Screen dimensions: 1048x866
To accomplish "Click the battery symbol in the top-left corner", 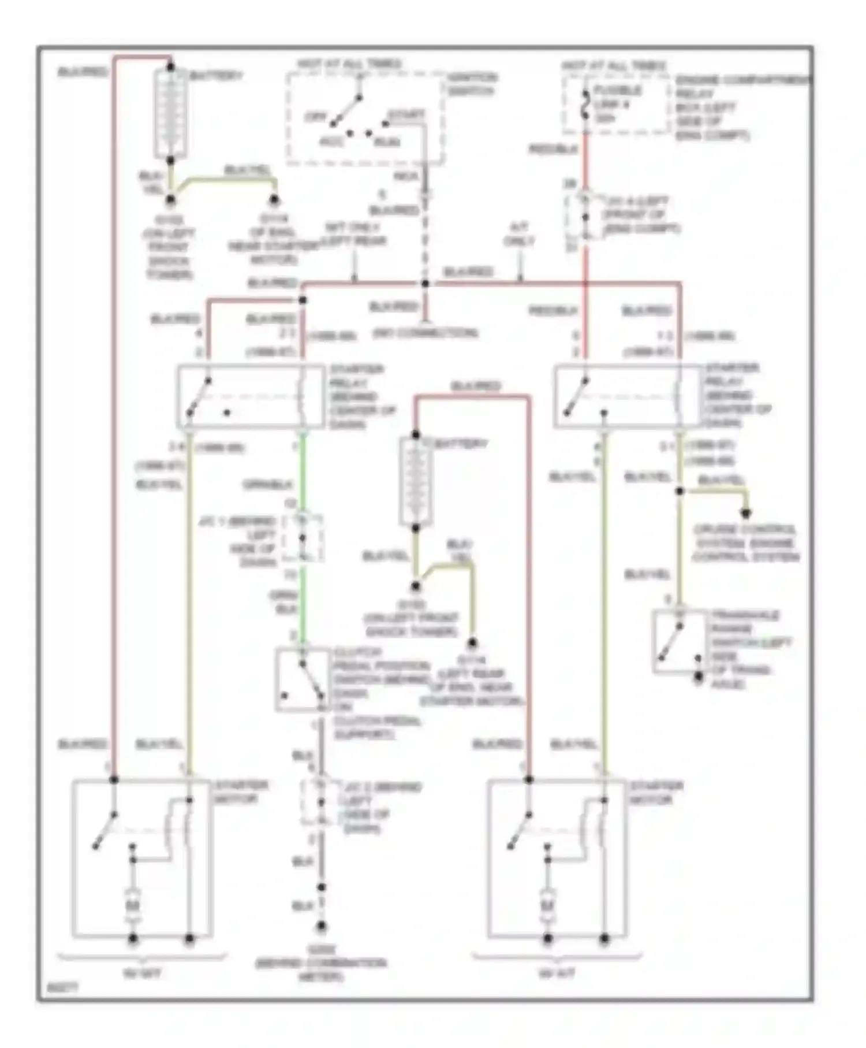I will pyautogui.click(x=170, y=114).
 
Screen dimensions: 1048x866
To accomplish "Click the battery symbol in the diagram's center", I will pyautogui.click(x=416, y=481).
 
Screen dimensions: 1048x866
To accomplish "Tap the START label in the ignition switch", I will pyautogui.click(x=406, y=114).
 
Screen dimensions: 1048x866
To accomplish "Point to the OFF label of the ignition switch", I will pyautogui.click(x=316, y=117).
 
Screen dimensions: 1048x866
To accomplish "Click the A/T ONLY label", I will pyautogui.click(x=519, y=234).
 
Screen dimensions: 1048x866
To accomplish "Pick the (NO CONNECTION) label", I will pyautogui.click(x=425, y=333).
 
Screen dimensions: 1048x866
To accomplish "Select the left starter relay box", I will pyautogui.click(x=251, y=396).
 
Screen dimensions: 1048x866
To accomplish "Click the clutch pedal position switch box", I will pyautogui.click(x=302, y=679).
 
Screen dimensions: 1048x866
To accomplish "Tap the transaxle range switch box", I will pyautogui.click(x=680, y=642).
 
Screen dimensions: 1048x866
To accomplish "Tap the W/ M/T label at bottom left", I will pyautogui.click(x=142, y=974).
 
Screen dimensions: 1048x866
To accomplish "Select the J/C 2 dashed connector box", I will pyautogui.click(x=321, y=802).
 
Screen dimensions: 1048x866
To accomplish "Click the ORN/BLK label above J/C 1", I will pyautogui.click(x=268, y=485).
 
